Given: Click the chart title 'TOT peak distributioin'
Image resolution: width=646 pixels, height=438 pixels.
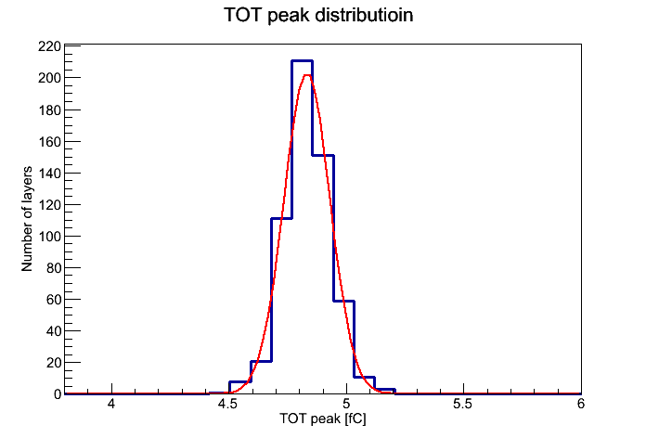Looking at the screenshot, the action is pos(318,15).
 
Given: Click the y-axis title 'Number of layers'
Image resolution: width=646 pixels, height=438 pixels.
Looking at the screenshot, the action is pos(27,219).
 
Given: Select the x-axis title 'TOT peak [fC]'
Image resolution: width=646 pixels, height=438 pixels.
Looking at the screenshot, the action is pos(323,419).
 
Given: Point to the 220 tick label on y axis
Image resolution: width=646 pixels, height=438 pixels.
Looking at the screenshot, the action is pos(49,46).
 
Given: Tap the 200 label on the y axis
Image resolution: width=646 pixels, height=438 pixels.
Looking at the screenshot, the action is pos(49,78).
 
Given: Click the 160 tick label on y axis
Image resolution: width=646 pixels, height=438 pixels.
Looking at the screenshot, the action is pos(49,141).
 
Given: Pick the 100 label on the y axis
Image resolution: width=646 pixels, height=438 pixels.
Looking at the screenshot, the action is pos(49,236).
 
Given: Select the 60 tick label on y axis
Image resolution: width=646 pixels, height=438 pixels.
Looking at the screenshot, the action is pos(54,300).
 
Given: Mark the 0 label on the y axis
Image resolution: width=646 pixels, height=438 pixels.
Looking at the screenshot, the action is pos(58,394).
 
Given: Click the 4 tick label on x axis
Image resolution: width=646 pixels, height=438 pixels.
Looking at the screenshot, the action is pos(111,404).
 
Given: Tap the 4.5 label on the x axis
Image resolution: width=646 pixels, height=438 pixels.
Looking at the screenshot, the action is pos(227,404).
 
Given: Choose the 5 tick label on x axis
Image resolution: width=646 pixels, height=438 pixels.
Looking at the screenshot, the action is pos(346,404).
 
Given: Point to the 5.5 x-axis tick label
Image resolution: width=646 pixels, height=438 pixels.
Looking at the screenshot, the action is pos(462,404).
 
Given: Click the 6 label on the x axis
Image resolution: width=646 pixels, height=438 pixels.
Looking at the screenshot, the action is pos(581,404).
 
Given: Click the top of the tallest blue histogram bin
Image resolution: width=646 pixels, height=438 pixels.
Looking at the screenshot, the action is pos(302,61).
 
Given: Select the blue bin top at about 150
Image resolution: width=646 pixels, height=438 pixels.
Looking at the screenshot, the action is pos(323,155).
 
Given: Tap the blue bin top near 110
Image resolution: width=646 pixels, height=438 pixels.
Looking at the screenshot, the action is pos(281,218).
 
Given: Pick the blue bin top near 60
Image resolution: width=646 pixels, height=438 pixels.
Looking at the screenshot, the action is pos(343,302).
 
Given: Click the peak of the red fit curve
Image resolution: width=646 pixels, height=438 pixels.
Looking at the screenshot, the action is pos(307,75).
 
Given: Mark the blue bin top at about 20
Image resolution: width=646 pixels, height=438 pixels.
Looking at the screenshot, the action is pos(261,361).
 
